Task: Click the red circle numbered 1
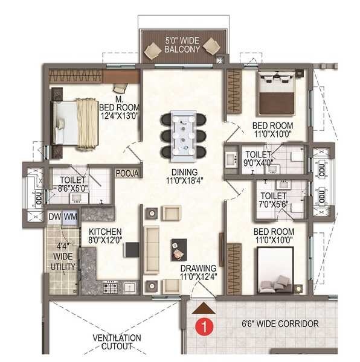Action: [x=205, y=328]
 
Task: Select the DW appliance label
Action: [x=54, y=217]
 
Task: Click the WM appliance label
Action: [x=70, y=217]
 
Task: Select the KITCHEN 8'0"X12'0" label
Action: [x=106, y=236]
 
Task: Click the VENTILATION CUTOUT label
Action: [x=117, y=343]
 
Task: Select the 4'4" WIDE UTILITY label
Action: [x=63, y=255]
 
